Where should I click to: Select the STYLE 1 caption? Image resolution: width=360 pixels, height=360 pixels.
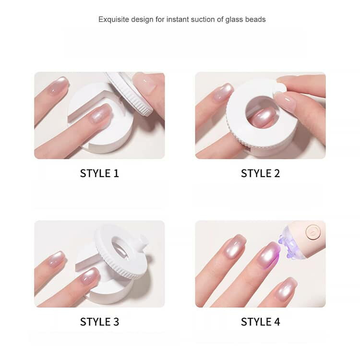point(99,173)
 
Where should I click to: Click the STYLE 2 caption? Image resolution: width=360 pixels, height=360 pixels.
point(260,173)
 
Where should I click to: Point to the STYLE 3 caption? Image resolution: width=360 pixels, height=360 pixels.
point(99,322)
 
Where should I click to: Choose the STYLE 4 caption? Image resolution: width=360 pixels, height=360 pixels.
point(260,322)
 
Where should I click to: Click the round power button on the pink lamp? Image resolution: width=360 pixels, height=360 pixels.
point(312,231)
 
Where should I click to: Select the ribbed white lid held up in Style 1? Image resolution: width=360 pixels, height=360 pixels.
point(130,93)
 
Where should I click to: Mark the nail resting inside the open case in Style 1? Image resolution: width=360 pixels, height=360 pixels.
point(100,114)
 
